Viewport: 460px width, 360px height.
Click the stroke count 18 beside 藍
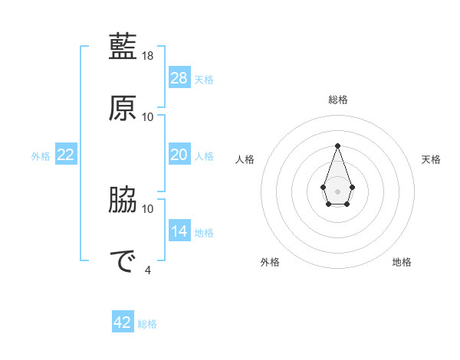pyautogui.click(x=149, y=56)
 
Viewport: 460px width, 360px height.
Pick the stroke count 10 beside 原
pyautogui.click(x=148, y=116)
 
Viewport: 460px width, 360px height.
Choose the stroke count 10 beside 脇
pyautogui.click(x=148, y=208)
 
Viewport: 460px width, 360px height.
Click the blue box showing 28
pyautogui.click(x=179, y=78)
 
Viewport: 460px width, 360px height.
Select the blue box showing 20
pyautogui.click(x=179, y=155)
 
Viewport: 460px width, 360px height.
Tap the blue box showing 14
pyautogui.click(x=179, y=231)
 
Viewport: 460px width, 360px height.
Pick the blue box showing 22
pyautogui.click(x=66, y=155)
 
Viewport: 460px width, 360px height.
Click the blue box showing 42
pyautogui.click(x=123, y=322)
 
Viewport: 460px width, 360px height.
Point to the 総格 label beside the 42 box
pyautogui.click(x=147, y=324)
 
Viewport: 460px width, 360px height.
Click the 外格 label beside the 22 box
pyautogui.click(x=41, y=156)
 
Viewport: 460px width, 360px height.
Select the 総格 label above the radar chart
pyautogui.click(x=337, y=100)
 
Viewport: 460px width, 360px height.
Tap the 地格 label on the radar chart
pyautogui.click(x=402, y=263)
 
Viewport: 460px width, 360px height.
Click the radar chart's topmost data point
pyautogui.click(x=337, y=146)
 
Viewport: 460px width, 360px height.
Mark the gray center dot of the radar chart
pyautogui.click(x=337, y=190)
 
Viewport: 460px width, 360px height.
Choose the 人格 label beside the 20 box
pyautogui.click(x=204, y=156)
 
